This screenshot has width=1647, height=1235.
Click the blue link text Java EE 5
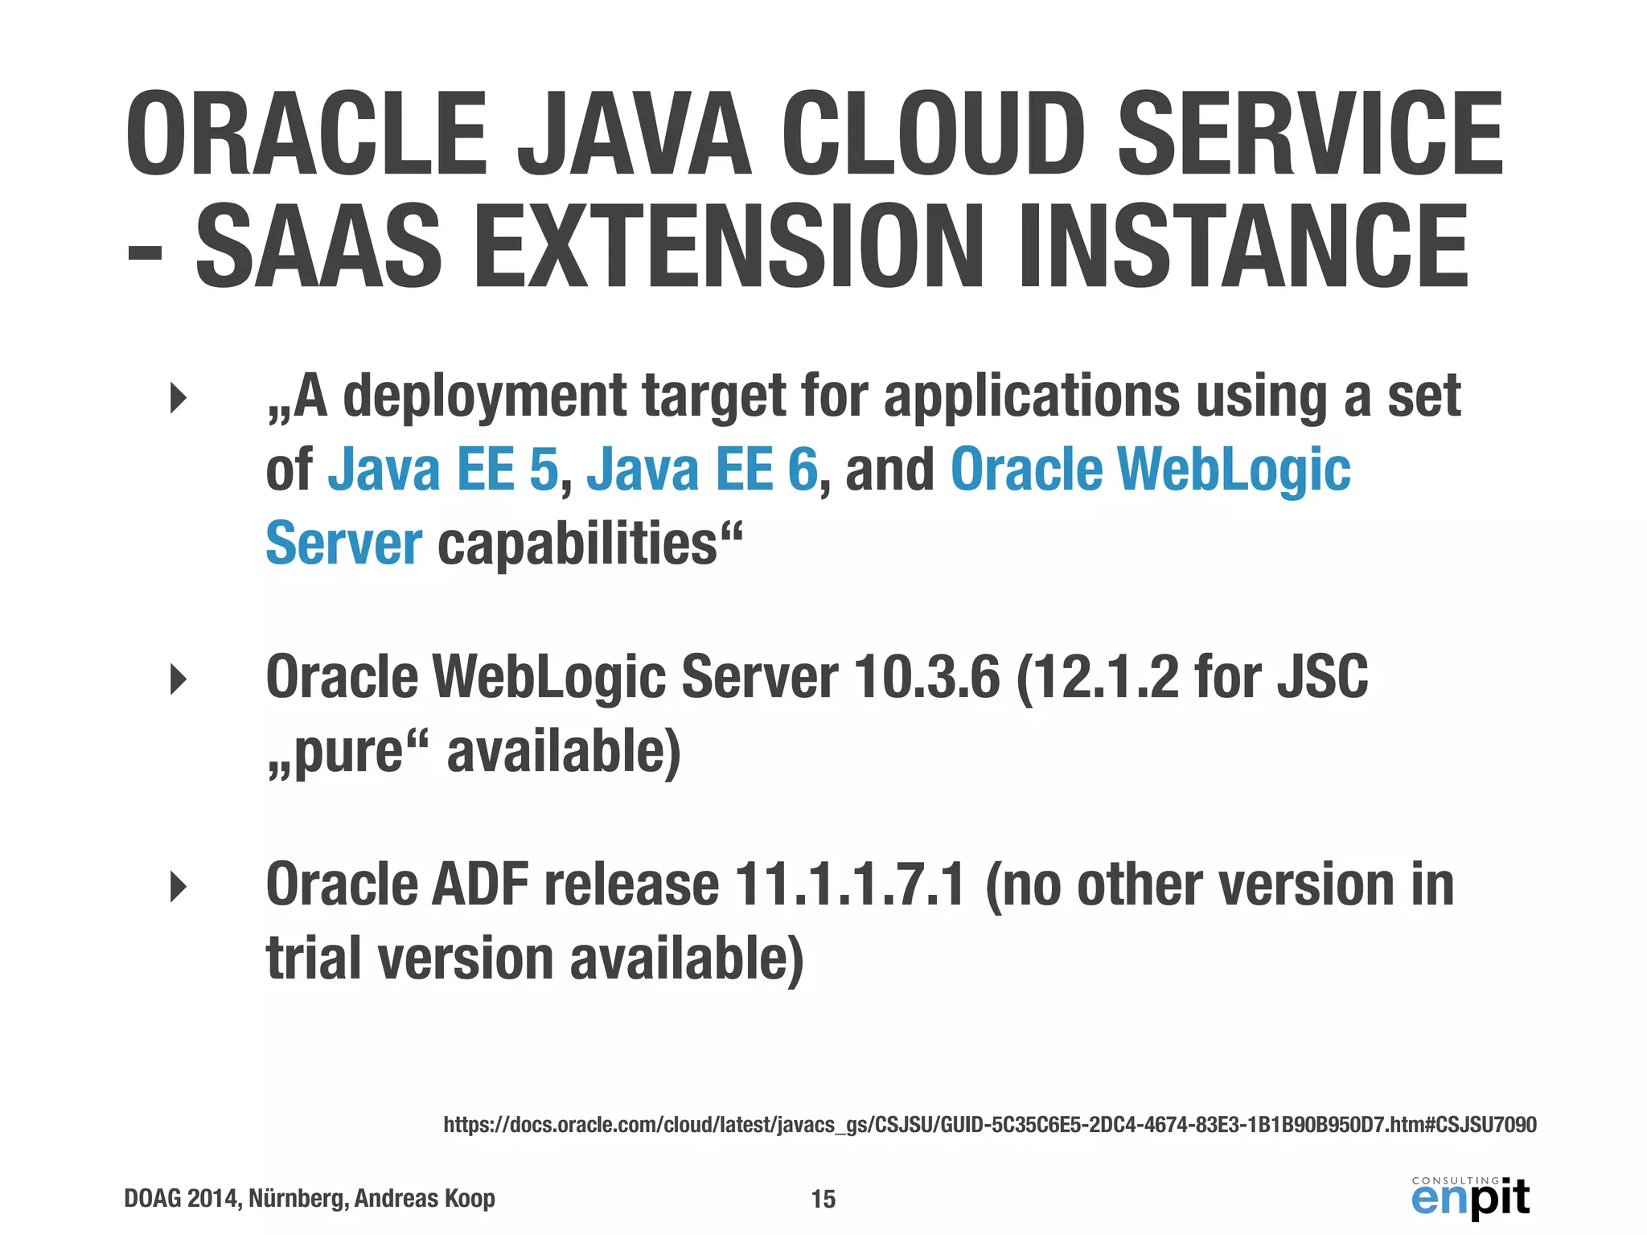coord(443,470)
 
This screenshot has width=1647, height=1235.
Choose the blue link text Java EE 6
coord(702,470)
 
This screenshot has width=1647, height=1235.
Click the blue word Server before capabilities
coord(343,544)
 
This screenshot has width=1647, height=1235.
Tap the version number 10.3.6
coord(926,677)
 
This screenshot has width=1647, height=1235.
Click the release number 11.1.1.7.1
coord(849,885)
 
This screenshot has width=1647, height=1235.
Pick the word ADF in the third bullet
coord(480,885)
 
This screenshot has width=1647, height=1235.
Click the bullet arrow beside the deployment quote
coord(179,398)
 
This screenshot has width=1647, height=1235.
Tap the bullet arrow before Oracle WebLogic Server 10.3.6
coord(179,680)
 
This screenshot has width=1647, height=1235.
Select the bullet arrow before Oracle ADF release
coord(179,888)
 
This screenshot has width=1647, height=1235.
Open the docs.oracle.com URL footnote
coord(990,1124)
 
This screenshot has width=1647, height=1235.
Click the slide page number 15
coord(823,1199)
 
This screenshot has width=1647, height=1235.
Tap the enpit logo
coord(1470,1197)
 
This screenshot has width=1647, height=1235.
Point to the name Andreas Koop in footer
coord(425,1199)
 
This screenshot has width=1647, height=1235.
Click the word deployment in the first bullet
coord(485,397)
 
